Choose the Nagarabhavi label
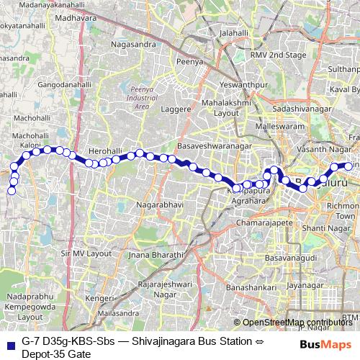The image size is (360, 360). point(156,204)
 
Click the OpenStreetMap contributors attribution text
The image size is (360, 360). point(299,322)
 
